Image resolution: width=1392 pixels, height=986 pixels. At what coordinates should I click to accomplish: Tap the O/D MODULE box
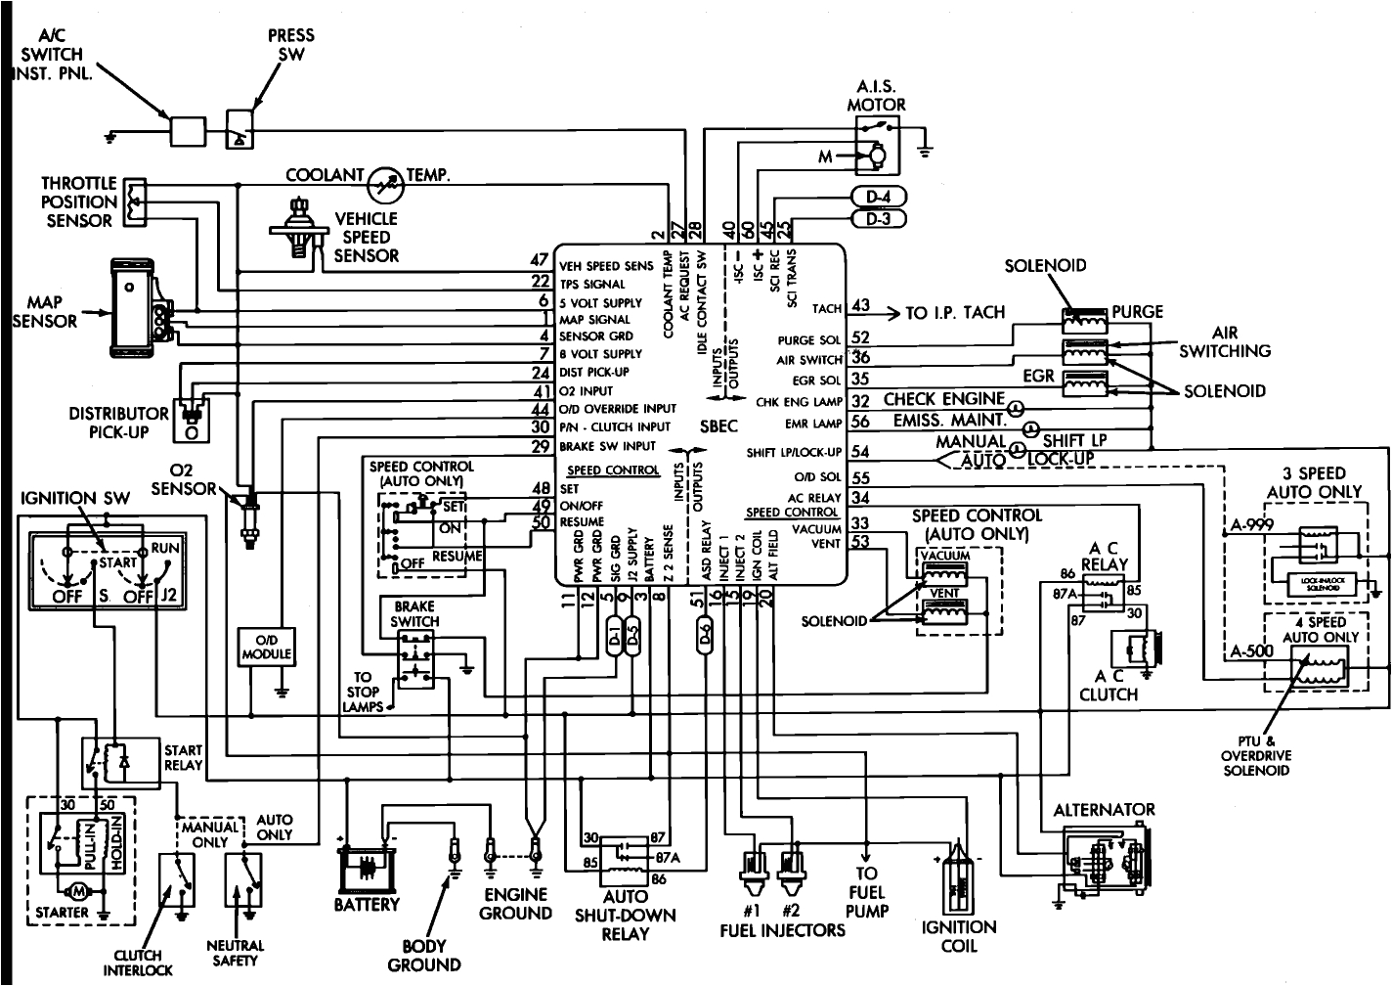(x=267, y=648)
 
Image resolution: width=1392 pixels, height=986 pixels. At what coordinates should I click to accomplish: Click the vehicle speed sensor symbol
(x=296, y=227)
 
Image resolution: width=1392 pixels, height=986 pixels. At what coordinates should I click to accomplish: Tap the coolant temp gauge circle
(x=383, y=181)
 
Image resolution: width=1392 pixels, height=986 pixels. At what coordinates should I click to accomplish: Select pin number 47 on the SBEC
(x=540, y=259)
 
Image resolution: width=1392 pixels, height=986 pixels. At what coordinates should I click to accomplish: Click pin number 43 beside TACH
(x=860, y=305)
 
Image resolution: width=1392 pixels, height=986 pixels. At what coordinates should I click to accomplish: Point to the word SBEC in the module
(x=718, y=426)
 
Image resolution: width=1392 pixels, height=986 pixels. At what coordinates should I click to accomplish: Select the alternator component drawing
(x=1103, y=858)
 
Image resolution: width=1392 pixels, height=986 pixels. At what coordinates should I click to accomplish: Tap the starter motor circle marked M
(x=74, y=891)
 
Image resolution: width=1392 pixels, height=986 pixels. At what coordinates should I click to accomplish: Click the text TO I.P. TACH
(x=954, y=313)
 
